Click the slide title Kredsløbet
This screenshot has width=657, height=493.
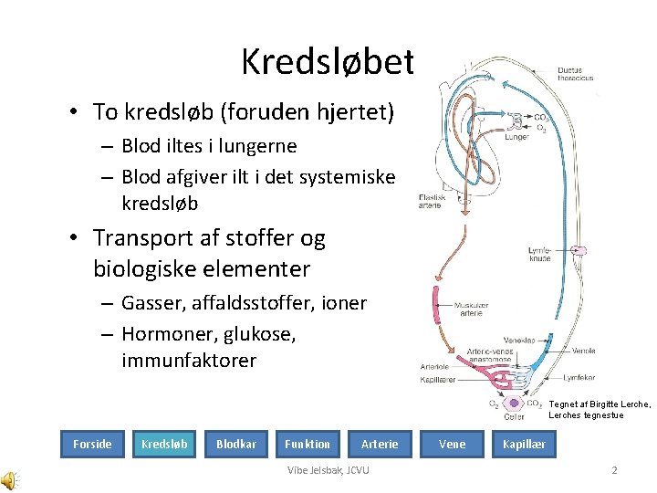tap(328, 62)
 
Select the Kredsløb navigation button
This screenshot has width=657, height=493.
tap(164, 445)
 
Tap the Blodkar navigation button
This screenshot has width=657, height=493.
tap(235, 445)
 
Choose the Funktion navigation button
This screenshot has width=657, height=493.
tap(307, 445)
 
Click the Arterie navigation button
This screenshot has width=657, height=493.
tap(380, 445)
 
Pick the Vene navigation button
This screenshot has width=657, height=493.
tap(452, 445)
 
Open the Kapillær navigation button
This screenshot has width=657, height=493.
tap(524, 445)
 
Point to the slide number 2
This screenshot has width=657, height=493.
tap(614, 470)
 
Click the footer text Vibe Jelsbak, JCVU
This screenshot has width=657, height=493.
tap(328, 470)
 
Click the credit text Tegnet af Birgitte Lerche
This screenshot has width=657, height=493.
tap(600, 404)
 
